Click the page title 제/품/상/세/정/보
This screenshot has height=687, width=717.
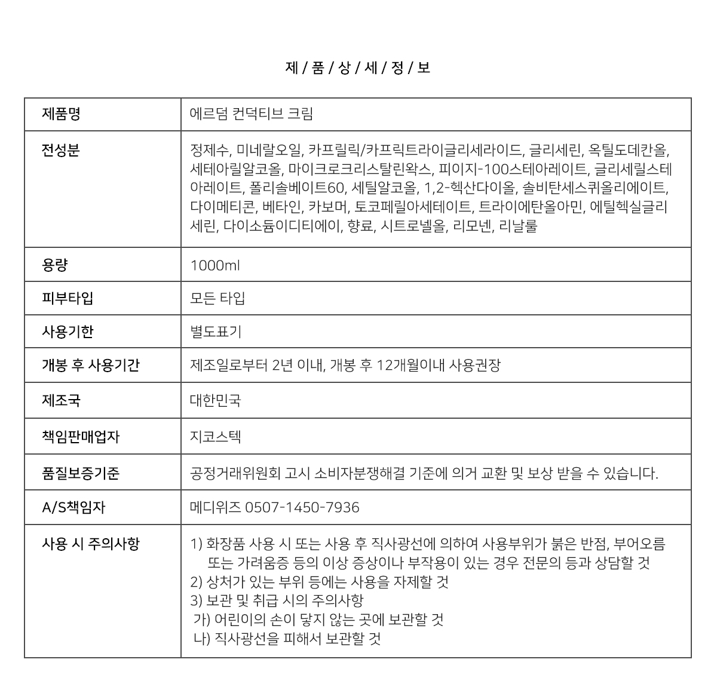pos(358,68)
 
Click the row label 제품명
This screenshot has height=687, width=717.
pos(61,114)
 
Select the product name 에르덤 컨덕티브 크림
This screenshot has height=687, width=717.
pos(251,114)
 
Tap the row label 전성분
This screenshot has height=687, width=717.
pos(61,150)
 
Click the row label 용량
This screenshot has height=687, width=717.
pos(54,265)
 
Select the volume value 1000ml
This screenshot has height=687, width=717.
pos(215,265)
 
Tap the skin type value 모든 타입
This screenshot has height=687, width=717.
pos(217,298)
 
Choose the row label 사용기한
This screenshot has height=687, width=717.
pos(68,332)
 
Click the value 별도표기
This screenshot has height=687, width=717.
pos(216,332)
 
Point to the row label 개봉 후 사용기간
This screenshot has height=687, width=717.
pos(90,365)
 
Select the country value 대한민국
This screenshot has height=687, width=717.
pos(216,400)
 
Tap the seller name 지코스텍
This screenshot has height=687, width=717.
pos(216,437)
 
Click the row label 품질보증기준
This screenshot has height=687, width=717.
pos(81,473)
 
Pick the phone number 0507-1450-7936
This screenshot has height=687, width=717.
pos(302,507)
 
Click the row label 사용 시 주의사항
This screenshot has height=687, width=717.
pos(90,544)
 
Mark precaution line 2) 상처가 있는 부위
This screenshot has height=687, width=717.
pos(320,582)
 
